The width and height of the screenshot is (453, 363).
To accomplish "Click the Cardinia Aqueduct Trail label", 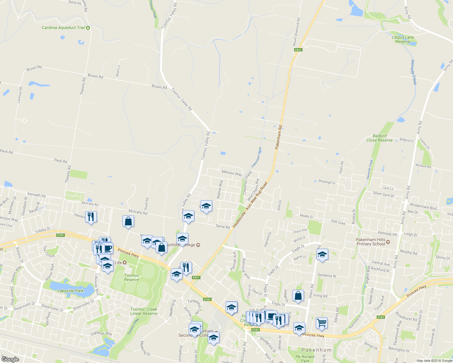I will point(63,28).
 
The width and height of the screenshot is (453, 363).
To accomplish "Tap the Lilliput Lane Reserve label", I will point(403,39).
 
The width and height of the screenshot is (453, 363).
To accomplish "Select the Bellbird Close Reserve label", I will point(379,138).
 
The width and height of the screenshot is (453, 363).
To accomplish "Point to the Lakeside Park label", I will point(71,291).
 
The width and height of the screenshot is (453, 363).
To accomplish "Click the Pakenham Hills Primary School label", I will point(371,242).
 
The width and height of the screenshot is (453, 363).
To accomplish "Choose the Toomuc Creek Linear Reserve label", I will point(144,311).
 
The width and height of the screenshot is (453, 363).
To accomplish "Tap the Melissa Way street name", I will point(232,173).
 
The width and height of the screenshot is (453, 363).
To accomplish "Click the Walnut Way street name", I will point(220,189).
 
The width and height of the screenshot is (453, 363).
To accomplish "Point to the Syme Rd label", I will point(223,226).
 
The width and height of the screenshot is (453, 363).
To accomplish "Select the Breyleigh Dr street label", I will point(327,182).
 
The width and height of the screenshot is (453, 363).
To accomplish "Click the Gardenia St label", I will point(327,276).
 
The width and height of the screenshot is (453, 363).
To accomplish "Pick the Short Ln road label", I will point(118,71).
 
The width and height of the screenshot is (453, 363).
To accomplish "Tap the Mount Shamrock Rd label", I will point(296,33).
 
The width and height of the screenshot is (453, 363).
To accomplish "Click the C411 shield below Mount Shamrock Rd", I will point(298,50).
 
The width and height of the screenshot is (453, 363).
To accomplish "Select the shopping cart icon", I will point(322,322).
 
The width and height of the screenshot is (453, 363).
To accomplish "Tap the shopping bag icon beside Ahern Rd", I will point(298,296).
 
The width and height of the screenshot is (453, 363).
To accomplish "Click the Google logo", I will point(10,359).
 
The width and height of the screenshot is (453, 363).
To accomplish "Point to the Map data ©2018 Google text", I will point(434,361).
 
